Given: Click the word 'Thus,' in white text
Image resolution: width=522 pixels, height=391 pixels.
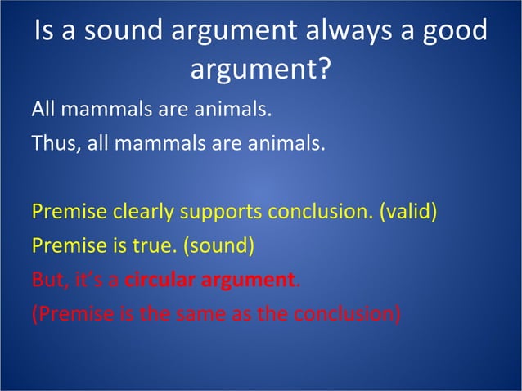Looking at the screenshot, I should tap(53, 144).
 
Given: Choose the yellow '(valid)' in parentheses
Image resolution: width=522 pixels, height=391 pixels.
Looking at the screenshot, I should tap(407, 212).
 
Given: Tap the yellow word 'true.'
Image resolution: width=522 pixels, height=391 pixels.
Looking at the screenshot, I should tap(160, 245).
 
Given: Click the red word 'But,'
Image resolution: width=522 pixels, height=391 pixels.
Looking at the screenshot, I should tap(48, 280).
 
